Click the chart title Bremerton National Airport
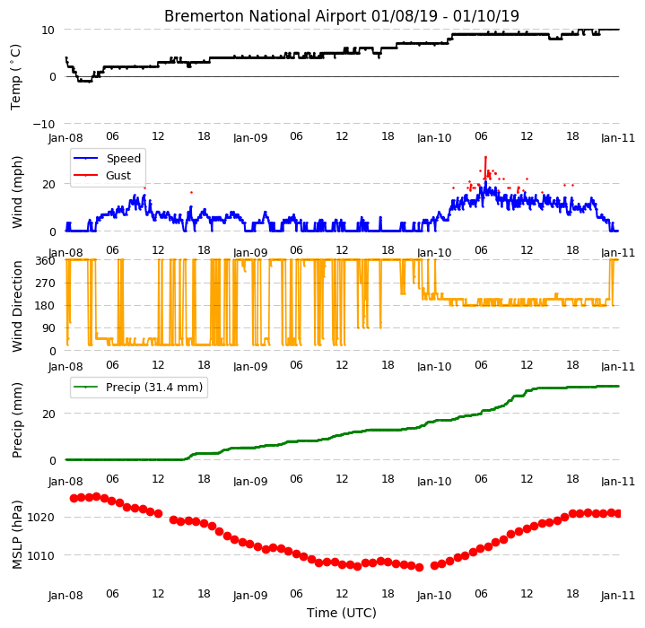point(265,16)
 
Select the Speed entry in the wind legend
point(124,158)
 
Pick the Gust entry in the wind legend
point(118,176)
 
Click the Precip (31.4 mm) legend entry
point(154,388)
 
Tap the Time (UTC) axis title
point(342,613)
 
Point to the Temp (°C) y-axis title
point(15,77)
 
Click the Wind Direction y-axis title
point(17,306)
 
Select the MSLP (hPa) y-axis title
point(17,534)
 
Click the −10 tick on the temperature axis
point(44,124)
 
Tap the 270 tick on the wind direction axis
point(47,283)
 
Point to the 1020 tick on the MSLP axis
point(40,517)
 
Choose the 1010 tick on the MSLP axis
point(40,555)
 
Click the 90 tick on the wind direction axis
point(49,328)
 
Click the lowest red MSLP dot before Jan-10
point(419,568)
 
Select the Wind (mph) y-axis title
point(17,192)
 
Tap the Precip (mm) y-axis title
point(17,421)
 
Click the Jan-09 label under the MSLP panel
point(250,595)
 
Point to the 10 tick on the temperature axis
point(48,30)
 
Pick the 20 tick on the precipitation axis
point(49,414)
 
